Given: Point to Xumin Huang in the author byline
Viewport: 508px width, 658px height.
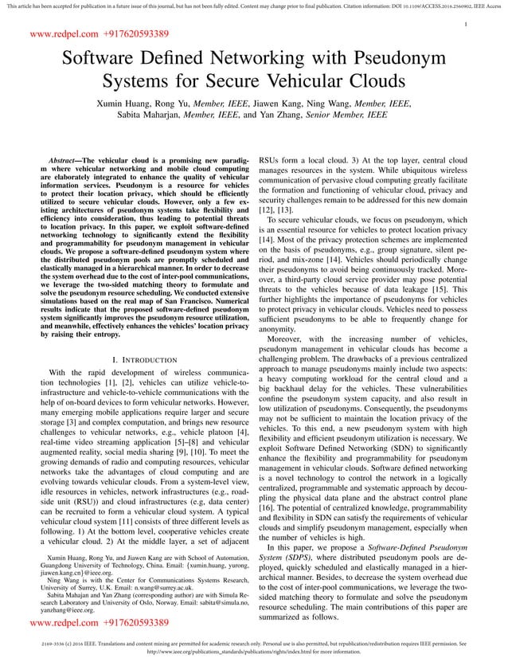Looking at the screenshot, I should tap(123, 104).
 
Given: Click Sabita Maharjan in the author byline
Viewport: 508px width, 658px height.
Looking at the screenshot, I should tap(149, 116).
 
